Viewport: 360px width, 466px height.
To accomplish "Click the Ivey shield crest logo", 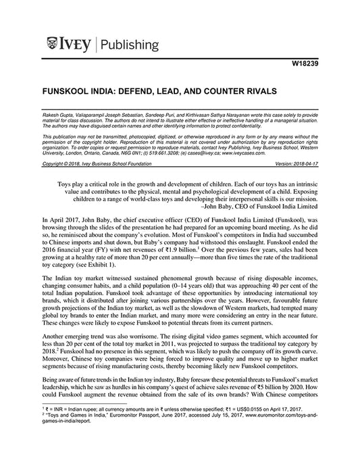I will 53,45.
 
